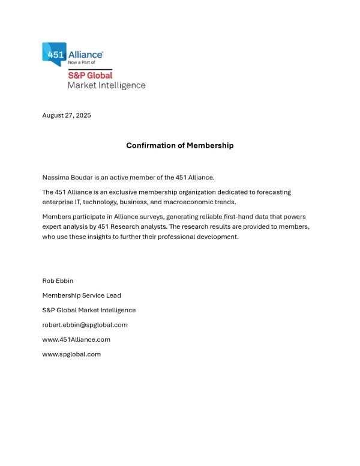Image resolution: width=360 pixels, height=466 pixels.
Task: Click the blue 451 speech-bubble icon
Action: pyautogui.click(x=54, y=53)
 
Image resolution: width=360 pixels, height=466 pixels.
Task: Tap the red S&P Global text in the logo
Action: pyautogui.click(x=90, y=75)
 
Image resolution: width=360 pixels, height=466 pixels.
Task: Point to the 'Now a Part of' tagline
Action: pyautogui.click(x=82, y=62)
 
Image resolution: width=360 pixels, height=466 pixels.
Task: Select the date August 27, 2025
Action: pyautogui.click(x=67, y=115)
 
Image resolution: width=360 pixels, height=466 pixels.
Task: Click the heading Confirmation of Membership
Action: pyautogui.click(x=179, y=145)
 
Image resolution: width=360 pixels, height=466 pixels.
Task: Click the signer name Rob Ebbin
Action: pyautogui.click(x=57, y=280)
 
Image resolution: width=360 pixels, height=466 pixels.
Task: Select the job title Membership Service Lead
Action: pyautogui.click(x=82, y=295)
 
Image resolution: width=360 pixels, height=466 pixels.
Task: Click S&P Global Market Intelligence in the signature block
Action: pyautogui.click(x=89, y=310)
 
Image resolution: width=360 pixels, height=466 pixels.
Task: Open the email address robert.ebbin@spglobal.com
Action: pyautogui.click(x=85, y=325)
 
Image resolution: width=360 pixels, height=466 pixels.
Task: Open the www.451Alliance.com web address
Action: pyautogui.click(x=76, y=339)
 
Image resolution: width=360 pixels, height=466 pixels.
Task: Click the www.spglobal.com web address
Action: pyautogui.click(x=71, y=354)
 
